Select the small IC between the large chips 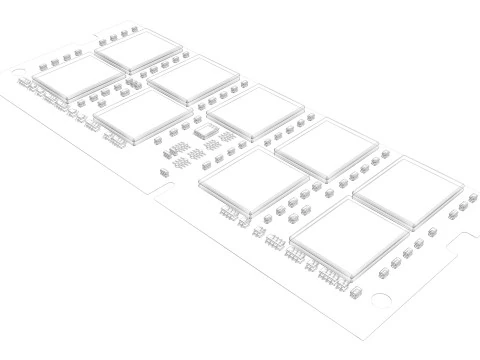point(205,130)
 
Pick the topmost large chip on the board point(140,52)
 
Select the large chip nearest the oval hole point(77,76)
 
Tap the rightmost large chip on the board point(408,192)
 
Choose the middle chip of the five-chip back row point(257,112)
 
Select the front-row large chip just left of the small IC point(141,115)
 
